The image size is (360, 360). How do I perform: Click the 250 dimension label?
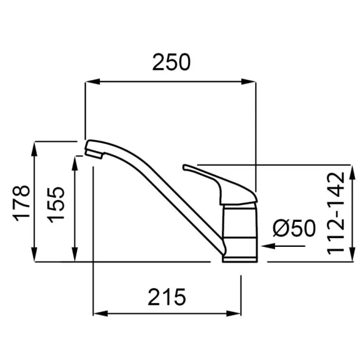(171, 62)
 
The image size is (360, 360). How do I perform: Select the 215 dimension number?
(167, 297)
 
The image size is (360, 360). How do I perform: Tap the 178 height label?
(21, 203)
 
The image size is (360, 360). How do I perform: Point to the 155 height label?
(56, 205)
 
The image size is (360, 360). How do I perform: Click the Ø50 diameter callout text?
(294, 228)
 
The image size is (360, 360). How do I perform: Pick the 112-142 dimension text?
(336, 213)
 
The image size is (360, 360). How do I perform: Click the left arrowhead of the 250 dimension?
(92, 81)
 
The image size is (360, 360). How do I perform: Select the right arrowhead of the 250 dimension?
(248, 81)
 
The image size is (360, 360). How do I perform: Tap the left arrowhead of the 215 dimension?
(101, 314)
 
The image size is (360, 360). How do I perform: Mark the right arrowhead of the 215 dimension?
(234, 314)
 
